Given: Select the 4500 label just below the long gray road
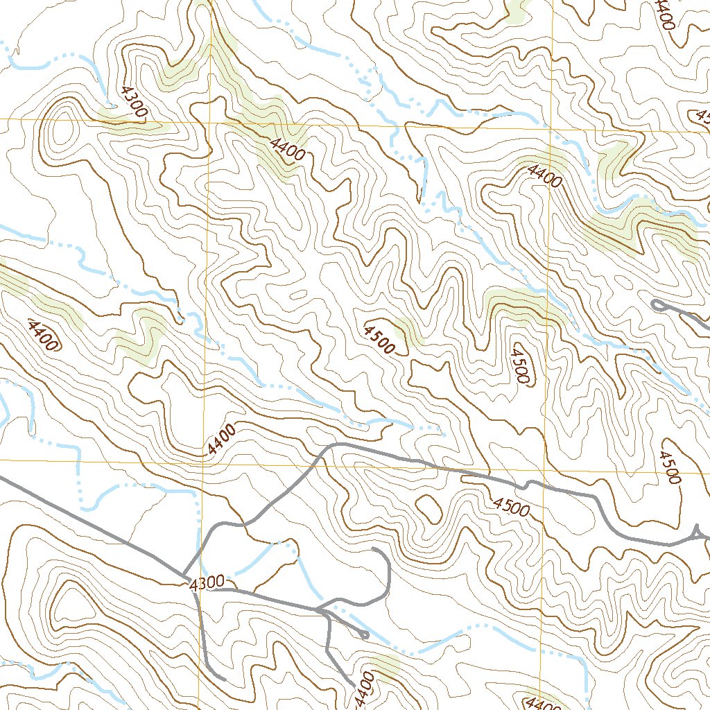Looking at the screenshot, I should pos(512,507).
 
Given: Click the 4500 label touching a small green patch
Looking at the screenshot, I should pos(379,337).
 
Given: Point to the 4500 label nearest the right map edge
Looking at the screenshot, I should pos(670,467).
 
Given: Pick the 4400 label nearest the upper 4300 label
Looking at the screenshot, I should pos(287,149).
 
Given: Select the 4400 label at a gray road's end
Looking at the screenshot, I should pos(364,686).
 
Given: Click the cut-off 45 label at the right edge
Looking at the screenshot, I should pos(702,115).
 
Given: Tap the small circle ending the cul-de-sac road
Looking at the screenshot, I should pos(365,634).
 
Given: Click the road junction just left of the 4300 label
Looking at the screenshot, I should pos(184,576).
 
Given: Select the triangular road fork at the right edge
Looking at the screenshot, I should pos(698,532).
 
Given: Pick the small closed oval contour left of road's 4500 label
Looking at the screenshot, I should pos(428,509).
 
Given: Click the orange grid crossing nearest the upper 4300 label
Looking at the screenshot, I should pos(210,121).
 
